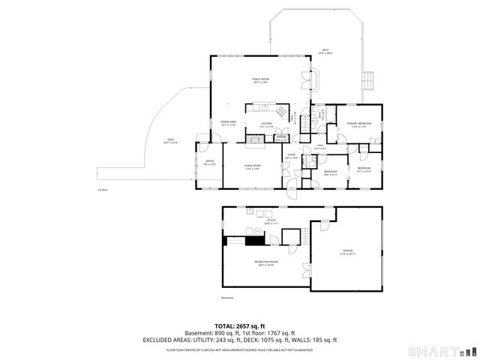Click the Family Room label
tap(260, 80)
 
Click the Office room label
tap(210, 163)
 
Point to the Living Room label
tap(252, 166)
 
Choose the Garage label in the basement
tap(347, 252)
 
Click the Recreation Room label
tap(265, 263)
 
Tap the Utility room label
tap(271, 221)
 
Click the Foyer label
tap(291, 157)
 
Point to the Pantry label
tap(282, 138)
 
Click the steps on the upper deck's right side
tap(367, 79)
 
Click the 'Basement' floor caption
tap(227, 298)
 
